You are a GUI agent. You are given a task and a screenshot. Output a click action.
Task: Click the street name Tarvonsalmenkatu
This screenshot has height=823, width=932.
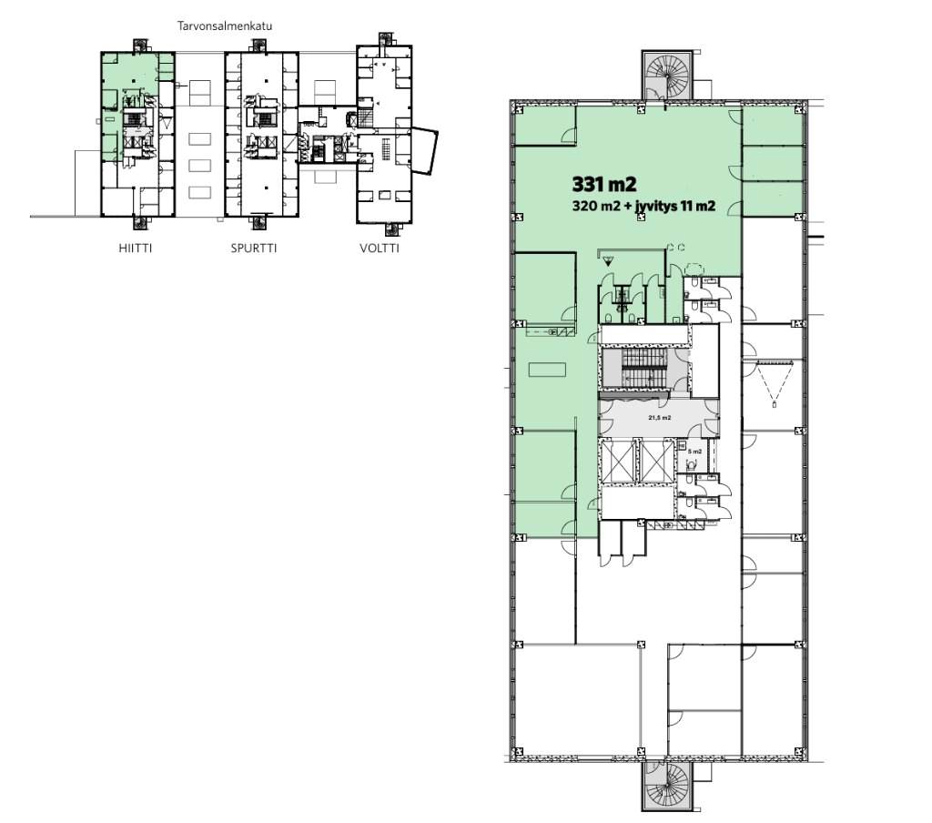tap(225, 26)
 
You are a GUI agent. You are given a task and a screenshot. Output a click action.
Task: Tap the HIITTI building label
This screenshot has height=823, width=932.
tap(136, 249)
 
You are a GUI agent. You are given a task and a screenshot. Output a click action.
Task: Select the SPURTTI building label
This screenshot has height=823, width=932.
tap(254, 249)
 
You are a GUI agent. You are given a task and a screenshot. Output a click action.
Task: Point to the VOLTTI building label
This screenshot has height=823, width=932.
tap(380, 249)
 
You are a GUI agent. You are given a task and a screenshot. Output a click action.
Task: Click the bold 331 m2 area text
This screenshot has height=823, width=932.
tap(604, 184)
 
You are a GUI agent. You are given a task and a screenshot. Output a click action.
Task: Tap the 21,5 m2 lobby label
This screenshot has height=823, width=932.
tap(659, 418)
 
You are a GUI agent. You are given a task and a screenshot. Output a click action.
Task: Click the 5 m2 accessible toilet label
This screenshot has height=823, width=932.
tap(694, 452)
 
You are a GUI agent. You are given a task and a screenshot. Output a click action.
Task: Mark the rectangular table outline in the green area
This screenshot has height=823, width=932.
tap(547, 370)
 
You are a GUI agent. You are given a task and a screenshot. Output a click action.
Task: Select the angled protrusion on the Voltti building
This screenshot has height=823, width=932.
tap(424, 149)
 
